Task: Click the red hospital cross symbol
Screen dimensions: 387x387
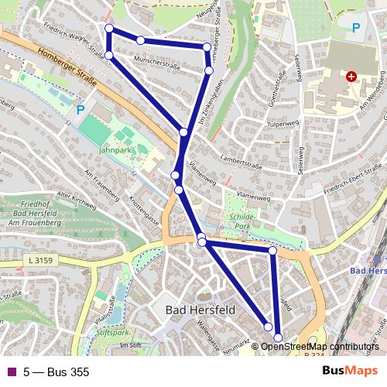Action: (351, 77)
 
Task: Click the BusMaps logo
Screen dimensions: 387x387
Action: (350, 372)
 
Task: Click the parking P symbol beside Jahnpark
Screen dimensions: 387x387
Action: (80, 110)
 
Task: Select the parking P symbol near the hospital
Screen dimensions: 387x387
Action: (355, 28)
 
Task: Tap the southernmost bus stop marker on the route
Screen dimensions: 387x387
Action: (279, 337)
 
